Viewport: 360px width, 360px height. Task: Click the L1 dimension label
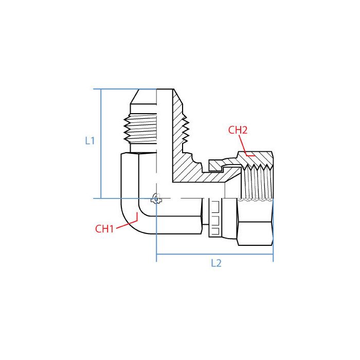pos(90,140)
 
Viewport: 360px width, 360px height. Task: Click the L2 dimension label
pos(216,263)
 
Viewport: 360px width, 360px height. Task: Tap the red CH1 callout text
pos(104,229)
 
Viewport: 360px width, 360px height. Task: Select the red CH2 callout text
pos(238,130)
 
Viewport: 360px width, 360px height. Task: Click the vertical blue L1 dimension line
pos(101,143)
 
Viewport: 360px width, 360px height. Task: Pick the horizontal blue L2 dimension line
pos(214,255)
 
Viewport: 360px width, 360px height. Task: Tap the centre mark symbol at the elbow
pos(156,199)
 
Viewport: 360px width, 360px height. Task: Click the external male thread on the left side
pos(140,129)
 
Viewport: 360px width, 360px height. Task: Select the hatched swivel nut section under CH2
pos(255,159)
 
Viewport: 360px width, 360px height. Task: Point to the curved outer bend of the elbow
pos(129,221)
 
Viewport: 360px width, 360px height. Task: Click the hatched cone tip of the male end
pos(178,101)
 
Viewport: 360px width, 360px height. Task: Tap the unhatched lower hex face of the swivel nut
pos(255,233)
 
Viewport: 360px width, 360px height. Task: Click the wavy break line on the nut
pos(256,200)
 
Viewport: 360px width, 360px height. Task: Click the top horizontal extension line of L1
pos(125,89)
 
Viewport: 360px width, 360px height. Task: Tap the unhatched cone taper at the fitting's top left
pos(143,97)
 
